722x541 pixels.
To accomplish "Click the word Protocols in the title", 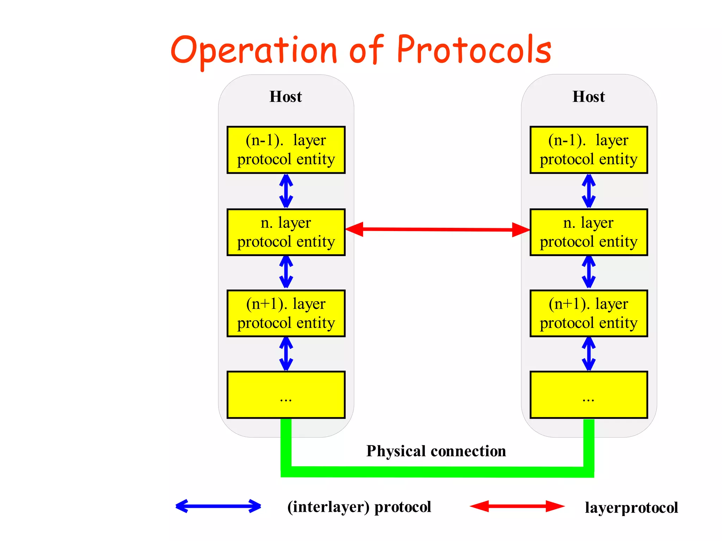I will coord(474,50).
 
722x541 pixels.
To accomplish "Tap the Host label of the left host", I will coord(286,97).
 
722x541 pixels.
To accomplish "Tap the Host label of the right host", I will coord(588,97).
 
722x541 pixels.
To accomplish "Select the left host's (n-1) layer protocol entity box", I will coord(286,150).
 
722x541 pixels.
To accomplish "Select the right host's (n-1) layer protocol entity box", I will coord(589,150).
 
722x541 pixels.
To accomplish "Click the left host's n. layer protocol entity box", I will coord(286,232).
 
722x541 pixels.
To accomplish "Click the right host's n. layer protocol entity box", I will coord(589,232).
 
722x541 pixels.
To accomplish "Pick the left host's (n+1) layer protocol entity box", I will coord(286,313).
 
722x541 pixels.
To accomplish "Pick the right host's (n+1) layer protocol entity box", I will coord(589,313).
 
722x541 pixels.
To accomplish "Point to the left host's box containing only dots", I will coord(286,395).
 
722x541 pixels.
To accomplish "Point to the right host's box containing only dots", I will coord(589,395).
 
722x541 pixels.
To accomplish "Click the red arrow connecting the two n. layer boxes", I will coord(437,229).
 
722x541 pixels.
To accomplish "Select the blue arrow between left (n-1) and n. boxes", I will coord(286,191).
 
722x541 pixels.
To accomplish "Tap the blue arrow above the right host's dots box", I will coord(589,354).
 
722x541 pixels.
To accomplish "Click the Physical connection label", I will coord(436,451).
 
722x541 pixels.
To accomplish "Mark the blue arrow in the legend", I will coord(218,506).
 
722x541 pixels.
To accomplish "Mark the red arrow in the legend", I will coord(517,506).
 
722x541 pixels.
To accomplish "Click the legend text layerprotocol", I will coord(631,508).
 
